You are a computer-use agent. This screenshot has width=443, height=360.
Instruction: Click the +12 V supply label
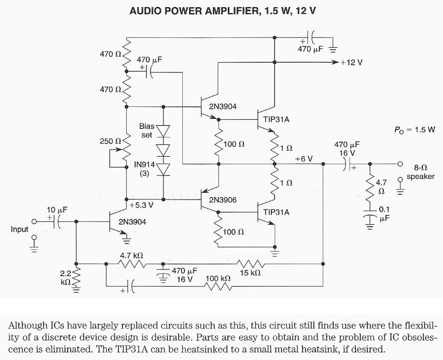tap(352, 62)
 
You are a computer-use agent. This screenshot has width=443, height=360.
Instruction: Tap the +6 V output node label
tap(303, 158)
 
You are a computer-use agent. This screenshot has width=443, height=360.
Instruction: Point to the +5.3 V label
tap(141, 205)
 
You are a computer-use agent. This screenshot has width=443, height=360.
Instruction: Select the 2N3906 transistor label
tap(222, 200)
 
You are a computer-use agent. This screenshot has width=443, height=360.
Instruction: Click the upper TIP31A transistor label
tap(277, 119)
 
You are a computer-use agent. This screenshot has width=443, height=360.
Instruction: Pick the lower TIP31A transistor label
tap(277, 212)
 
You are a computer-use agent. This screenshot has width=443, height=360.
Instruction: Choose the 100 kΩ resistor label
tap(218, 279)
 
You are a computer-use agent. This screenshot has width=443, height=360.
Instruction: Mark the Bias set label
tap(147, 130)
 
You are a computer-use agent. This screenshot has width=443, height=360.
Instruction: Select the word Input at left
tap(19, 229)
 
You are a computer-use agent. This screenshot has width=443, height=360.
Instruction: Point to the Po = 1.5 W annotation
tap(415, 130)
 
